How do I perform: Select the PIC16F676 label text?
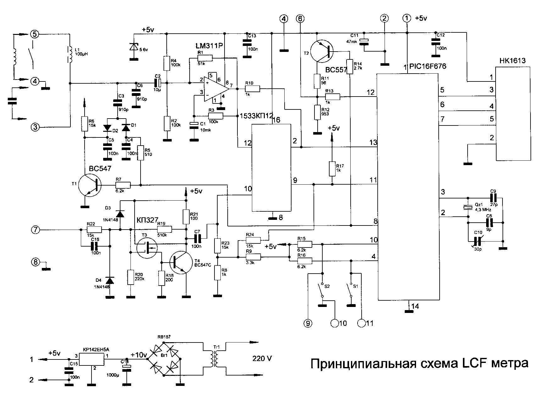coord(428,67)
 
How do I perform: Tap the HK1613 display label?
coord(512,61)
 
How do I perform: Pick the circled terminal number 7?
coord(36,230)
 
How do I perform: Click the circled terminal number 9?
coord(308,323)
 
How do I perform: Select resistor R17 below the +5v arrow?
coord(332,169)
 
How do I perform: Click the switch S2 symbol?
coord(321,289)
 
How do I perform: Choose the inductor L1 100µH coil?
coord(69,56)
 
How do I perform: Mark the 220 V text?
coord(262,358)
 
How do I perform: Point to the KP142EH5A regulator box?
coord(91,359)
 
